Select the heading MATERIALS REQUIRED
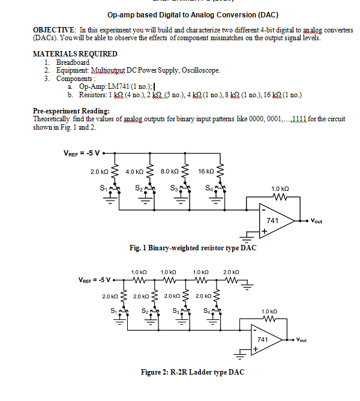75,54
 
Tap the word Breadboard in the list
73,62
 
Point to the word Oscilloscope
199,70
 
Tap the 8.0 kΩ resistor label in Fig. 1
170,172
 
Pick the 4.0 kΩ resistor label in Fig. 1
134,172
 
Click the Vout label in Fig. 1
316,222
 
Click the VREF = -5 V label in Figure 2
97,280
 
